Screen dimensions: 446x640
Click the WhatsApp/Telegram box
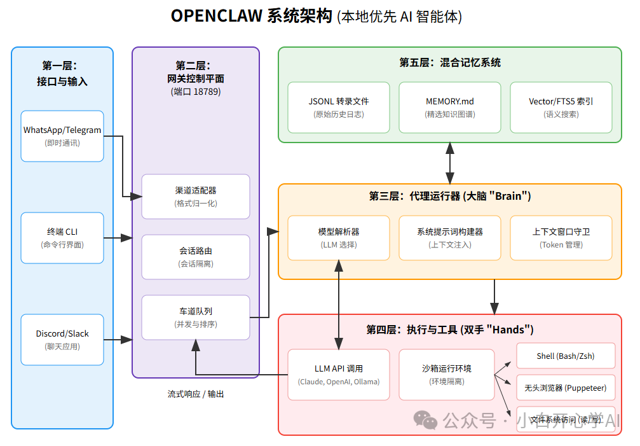pyautogui.click(x=62, y=136)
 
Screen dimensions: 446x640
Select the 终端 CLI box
pyautogui.click(x=62, y=238)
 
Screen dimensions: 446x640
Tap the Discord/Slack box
pyautogui.click(x=62, y=340)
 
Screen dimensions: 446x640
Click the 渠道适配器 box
pyautogui.click(x=196, y=197)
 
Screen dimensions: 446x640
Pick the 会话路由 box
pyautogui.click(x=196, y=257)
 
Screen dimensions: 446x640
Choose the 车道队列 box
pyautogui.click(x=196, y=317)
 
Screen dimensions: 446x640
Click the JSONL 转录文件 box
pyautogui.click(x=339, y=108)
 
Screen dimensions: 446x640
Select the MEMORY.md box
pyautogui.click(x=450, y=108)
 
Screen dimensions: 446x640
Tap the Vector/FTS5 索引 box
pyautogui.click(x=561, y=108)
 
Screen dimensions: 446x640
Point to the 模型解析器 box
pyautogui.click(x=339, y=238)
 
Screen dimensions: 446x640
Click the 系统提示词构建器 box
pyautogui.click(x=450, y=238)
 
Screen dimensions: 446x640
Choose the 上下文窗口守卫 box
pyautogui.click(x=561, y=238)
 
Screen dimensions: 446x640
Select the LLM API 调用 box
pyautogui.click(x=339, y=375)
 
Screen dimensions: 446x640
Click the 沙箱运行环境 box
pyautogui.click(x=447, y=375)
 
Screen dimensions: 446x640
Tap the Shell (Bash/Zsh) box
pyautogui.click(x=566, y=356)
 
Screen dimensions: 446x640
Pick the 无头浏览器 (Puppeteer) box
pyautogui.click(x=566, y=387)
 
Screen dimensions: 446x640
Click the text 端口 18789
pyautogui.click(x=196, y=92)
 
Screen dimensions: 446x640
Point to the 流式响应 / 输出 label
pyautogui.click(x=196, y=394)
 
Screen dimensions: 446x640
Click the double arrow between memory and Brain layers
pyautogui.click(x=450, y=163)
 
